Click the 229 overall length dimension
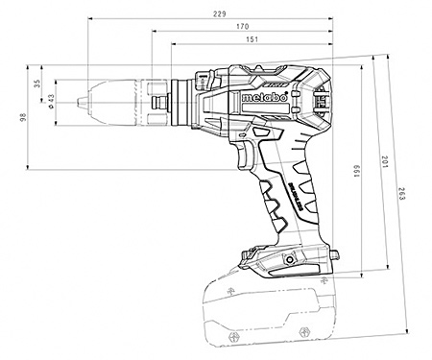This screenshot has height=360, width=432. [220, 12]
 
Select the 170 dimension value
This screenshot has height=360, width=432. [247, 27]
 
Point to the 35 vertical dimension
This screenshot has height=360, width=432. [37, 84]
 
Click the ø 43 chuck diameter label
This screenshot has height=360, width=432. [50, 102]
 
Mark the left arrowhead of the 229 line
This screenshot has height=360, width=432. [88, 19]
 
